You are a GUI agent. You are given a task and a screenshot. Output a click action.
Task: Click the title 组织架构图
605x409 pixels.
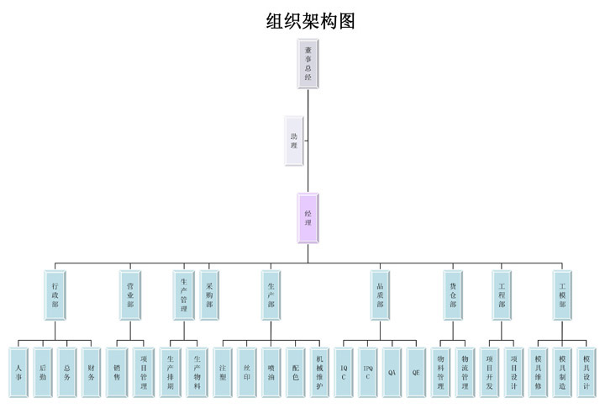tap(310, 21)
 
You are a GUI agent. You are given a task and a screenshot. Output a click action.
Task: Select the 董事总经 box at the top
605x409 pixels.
tap(308, 63)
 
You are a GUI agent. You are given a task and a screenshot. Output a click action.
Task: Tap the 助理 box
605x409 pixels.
tap(293, 141)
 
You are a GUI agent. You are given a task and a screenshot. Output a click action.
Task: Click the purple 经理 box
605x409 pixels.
tap(308, 218)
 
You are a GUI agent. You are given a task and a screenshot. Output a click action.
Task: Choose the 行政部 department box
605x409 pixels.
tap(55, 295)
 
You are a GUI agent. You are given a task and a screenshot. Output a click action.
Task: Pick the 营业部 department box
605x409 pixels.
tap(130, 295)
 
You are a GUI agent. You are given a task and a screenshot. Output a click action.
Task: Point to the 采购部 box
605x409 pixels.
tap(209, 295)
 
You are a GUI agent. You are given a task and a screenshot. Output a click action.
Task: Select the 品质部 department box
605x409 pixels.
tap(380, 295)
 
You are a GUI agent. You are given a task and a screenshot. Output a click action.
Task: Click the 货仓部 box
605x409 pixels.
tap(453, 295)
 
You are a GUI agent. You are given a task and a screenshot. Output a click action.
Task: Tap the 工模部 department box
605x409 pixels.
tap(562, 295)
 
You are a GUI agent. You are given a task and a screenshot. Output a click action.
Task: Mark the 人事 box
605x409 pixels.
tap(18, 372)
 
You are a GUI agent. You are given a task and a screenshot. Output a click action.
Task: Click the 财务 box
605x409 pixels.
tap(91, 372)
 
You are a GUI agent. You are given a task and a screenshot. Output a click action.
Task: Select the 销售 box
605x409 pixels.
tap(117, 372)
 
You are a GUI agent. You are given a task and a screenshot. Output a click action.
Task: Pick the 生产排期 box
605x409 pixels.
tap(171, 372)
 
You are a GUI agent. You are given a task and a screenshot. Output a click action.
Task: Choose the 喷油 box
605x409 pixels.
tap(271, 372)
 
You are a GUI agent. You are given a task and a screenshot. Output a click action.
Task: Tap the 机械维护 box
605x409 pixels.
tap(319, 372)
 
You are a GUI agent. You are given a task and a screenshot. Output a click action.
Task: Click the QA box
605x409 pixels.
tap(392, 372)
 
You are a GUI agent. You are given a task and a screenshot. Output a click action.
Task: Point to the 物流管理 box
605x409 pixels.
tap(465, 372)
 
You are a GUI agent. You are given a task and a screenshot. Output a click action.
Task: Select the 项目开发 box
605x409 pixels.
tap(490, 372)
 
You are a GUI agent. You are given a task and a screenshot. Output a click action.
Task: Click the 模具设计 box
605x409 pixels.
tap(587, 372)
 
